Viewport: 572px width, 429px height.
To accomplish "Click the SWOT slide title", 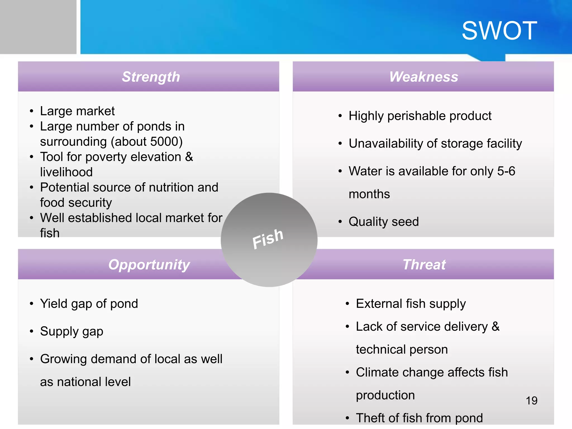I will [x=499, y=31].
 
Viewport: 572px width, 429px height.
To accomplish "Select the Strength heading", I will [x=151, y=77].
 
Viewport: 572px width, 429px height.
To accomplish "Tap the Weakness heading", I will [x=424, y=77].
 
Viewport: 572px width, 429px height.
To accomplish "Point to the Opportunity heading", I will [x=149, y=264].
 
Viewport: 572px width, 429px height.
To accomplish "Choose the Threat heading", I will [x=424, y=264].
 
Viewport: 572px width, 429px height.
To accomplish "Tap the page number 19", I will [x=532, y=401].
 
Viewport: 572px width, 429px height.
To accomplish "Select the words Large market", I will [x=77, y=111].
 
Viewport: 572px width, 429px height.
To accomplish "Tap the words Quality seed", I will [x=383, y=222].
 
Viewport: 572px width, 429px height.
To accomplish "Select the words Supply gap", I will [x=71, y=332].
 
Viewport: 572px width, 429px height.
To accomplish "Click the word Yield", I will [x=54, y=304].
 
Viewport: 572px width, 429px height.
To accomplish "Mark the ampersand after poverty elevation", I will [x=189, y=157].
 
